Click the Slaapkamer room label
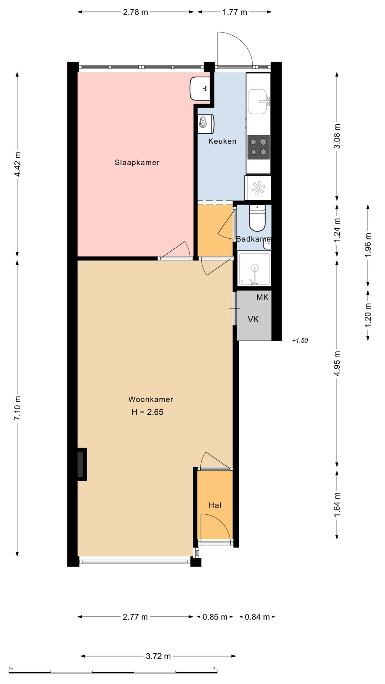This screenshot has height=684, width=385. [137, 162]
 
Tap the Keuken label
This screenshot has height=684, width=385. [222, 141]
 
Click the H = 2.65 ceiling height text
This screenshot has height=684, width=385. [147, 412]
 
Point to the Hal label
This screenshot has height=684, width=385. [215, 505]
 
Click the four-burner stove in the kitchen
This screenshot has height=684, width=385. [258, 147]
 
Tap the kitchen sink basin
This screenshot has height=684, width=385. [257, 102]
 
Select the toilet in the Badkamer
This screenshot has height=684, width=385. [257, 218]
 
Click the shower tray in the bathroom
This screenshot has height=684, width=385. [254, 269]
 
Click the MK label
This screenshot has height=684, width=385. [262, 297]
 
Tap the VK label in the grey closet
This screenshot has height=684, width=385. [253, 319]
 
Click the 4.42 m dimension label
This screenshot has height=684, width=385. [17, 164]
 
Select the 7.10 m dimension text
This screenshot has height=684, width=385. [17, 408]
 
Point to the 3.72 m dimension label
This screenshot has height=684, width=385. [158, 656]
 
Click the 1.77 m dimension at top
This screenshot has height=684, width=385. [235, 12]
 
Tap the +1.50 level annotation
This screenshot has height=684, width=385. [300, 341]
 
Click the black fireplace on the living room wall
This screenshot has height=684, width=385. [82, 464]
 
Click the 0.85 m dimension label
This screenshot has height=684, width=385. [215, 617]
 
